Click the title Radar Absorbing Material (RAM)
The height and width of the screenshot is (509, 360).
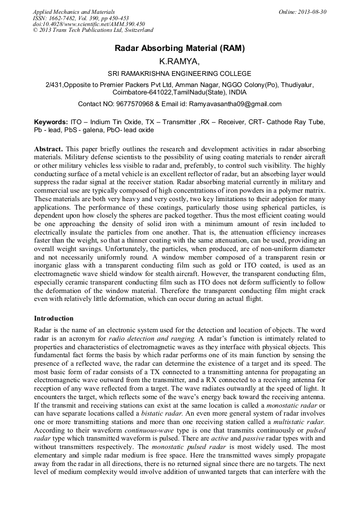[179, 48]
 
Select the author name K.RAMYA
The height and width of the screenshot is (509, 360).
[179, 62]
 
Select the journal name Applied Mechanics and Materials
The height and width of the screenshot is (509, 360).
[73, 12]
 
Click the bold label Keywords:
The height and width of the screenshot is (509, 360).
[51, 122]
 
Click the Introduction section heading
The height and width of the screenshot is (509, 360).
[54, 318]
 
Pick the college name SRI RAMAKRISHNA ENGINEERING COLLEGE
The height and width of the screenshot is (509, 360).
[179, 74]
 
